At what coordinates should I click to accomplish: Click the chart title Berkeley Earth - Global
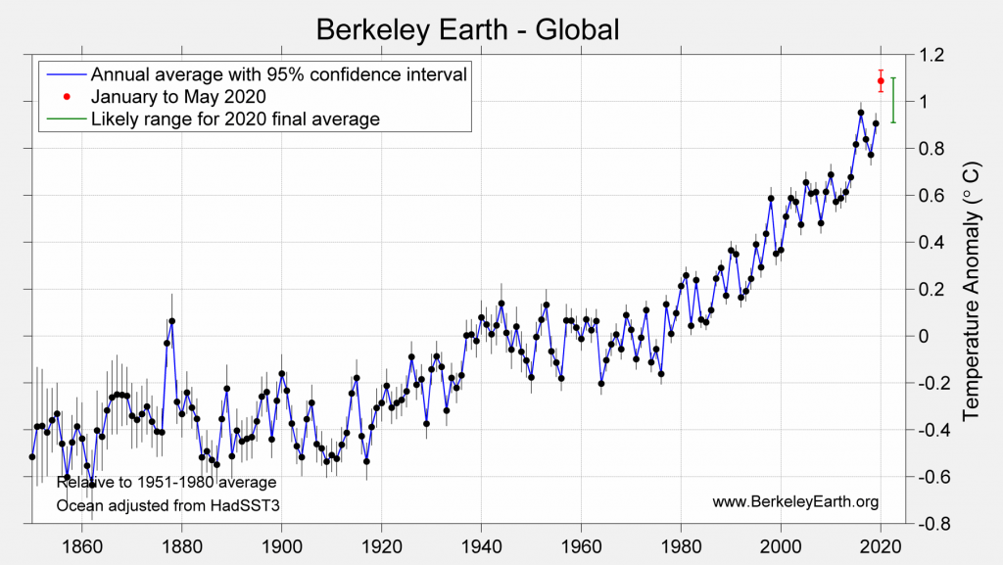467,29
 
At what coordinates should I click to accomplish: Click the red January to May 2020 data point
881,80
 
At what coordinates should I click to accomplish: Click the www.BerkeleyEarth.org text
795,502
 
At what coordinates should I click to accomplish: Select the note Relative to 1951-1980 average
166,483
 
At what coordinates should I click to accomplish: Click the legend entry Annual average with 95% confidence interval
277,74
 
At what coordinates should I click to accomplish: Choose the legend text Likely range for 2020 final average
235,119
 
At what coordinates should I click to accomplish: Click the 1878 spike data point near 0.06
171,321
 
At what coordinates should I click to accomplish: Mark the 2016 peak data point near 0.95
861,113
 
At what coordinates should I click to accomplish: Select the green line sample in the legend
65,119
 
